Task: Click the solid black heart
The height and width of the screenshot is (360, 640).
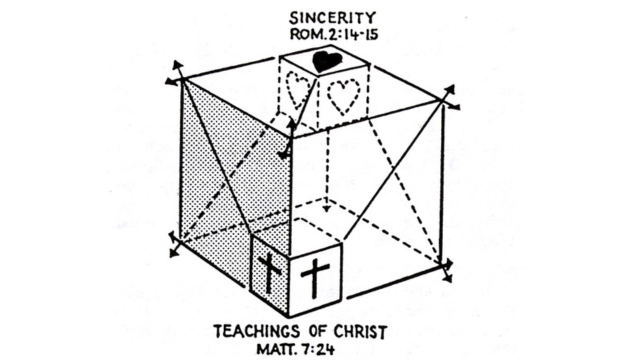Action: [325, 61]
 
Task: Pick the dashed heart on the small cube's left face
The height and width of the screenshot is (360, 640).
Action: [298, 92]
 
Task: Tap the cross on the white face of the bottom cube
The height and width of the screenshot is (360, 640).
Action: [314, 277]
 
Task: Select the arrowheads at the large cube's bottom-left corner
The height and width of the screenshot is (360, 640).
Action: [175, 244]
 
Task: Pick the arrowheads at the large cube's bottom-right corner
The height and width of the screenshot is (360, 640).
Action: [446, 268]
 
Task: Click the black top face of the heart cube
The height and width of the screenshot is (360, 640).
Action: [324, 62]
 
